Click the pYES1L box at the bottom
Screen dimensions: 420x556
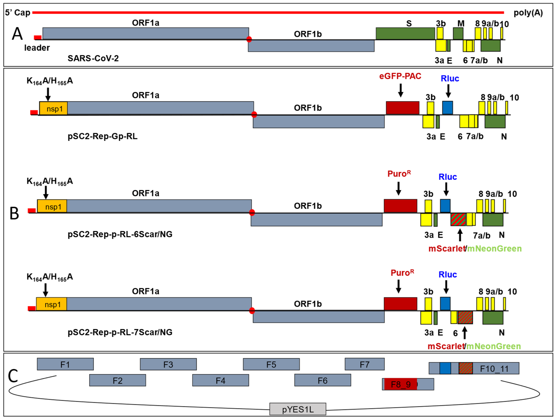click(x=298, y=409)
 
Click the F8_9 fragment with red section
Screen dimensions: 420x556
click(x=401, y=384)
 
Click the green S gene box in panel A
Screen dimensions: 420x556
click(x=405, y=34)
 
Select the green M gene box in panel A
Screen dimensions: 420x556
click(x=458, y=34)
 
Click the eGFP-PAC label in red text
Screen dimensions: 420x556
click(x=400, y=76)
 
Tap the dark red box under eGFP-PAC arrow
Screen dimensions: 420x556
click(x=402, y=108)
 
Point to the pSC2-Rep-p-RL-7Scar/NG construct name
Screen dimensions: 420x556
click(x=120, y=332)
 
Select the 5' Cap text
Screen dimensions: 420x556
click(x=18, y=13)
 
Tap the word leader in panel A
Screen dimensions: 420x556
click(x=37, y=48)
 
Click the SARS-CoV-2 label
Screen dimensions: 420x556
click(x=93, y=58)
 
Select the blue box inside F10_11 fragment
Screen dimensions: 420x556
click(x=445, y=368)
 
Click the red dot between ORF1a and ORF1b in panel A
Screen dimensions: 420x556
click(x=249, y=39)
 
